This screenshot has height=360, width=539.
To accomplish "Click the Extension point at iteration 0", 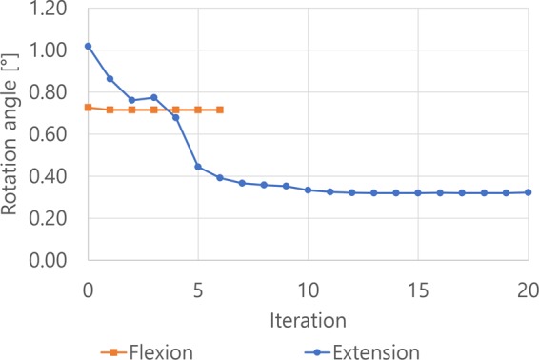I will [x=89, y=46].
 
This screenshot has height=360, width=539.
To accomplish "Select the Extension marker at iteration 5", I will [x=198, y=167].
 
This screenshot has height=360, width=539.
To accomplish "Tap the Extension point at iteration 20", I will [x=529, y=192].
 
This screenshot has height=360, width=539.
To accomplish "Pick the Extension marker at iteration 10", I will [x=309, y=190].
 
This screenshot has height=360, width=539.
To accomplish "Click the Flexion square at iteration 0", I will [x=89, y=108].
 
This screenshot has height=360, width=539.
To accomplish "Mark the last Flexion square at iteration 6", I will [x=220, y=110].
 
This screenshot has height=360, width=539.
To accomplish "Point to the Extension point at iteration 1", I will [x=110, y=79].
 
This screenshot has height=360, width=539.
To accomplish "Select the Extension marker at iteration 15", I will [x=418, y=193].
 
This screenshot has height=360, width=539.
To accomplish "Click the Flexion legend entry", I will [x=148, y=351].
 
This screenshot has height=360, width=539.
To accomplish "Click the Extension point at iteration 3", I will [x=154, y=97].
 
